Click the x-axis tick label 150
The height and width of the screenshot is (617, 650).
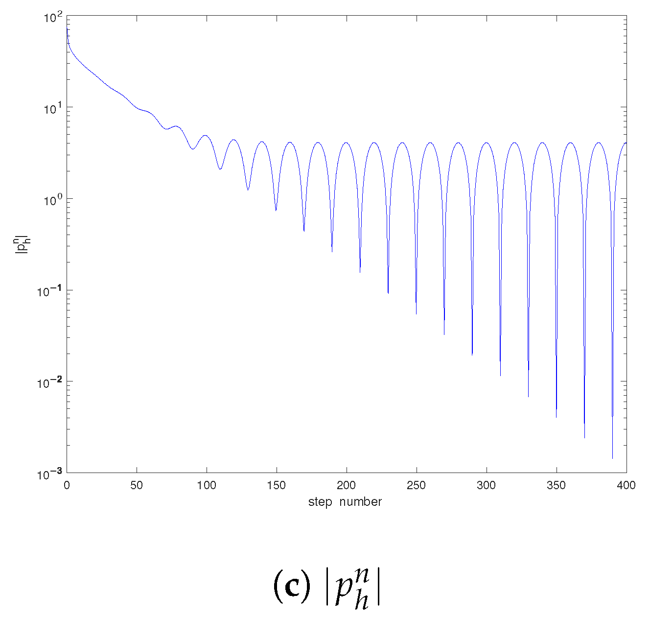(277, 485)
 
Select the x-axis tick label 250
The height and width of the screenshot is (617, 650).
(417, 485)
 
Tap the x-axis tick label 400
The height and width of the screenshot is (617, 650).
(626, 485)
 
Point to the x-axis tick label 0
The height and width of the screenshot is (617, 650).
(67, 485)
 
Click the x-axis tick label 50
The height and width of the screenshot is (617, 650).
(137, 485)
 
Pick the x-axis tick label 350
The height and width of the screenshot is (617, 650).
(556, 485)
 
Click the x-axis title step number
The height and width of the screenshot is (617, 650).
(345, 502)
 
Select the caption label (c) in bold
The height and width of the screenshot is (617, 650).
(292, 587)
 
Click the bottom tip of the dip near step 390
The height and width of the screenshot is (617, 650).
(612, 458)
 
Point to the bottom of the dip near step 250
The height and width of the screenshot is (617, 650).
(416, 314)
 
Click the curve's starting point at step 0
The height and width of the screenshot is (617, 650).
(67, 29)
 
